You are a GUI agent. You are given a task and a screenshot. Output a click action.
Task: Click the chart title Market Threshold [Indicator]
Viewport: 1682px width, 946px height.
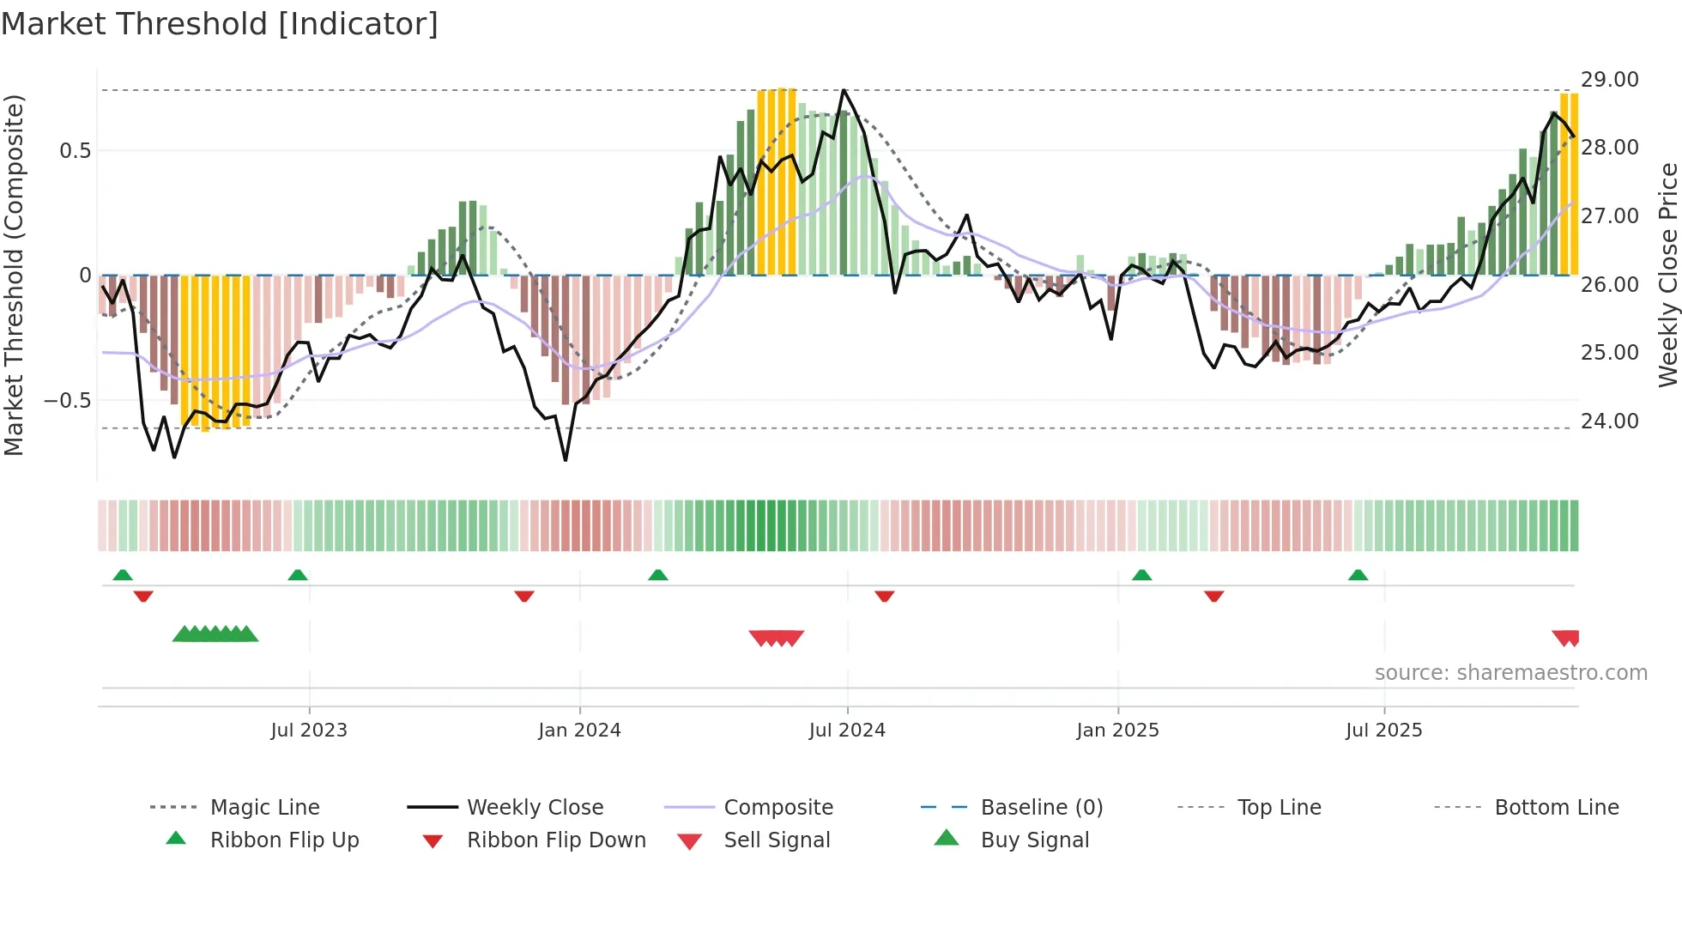(220, 24)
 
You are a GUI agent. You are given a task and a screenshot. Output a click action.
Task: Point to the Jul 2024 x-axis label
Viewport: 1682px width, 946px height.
(846, 730)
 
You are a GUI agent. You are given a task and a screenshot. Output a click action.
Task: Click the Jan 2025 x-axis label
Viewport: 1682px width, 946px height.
(1117, 730)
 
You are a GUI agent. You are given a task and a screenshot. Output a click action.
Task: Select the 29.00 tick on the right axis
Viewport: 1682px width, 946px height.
(1609, 79)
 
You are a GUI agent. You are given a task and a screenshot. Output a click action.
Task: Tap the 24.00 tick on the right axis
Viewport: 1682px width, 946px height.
(1609, 421)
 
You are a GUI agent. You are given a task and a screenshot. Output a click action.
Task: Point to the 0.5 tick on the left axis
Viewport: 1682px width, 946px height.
(75, 150)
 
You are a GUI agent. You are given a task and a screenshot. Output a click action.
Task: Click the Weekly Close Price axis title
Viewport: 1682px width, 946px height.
(1667, 275)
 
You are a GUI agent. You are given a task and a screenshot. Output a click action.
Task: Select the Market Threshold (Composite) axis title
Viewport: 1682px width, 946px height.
(14, 275)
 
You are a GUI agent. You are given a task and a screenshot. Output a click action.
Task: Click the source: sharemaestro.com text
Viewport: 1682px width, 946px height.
(1510, 672)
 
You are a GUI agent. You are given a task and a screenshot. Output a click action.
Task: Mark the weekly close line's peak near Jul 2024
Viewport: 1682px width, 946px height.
(844, 89)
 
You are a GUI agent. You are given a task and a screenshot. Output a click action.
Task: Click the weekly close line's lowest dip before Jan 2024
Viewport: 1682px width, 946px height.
(566, 460)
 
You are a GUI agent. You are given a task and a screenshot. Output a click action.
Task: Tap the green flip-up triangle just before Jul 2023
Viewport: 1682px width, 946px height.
(298, 575)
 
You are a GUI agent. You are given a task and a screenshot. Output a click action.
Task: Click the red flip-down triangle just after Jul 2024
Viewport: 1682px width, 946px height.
(885, 596)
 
